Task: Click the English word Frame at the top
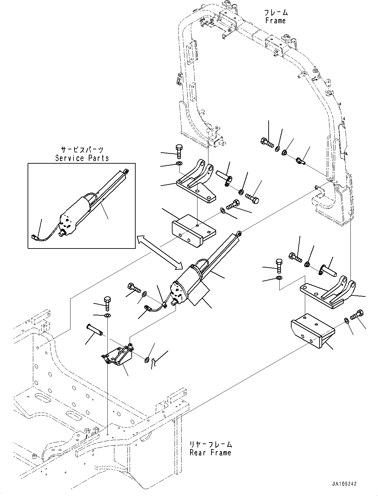pyautogui.click(x=275, y=21)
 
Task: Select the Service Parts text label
pyautogui.click(x=82, y=158)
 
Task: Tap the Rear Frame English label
pyautogui.click(x=210, y=452)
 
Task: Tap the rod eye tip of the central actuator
pyautogui.click(x=239, y=234)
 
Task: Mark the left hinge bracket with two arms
pyautogui.click(x=196, y=183)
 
